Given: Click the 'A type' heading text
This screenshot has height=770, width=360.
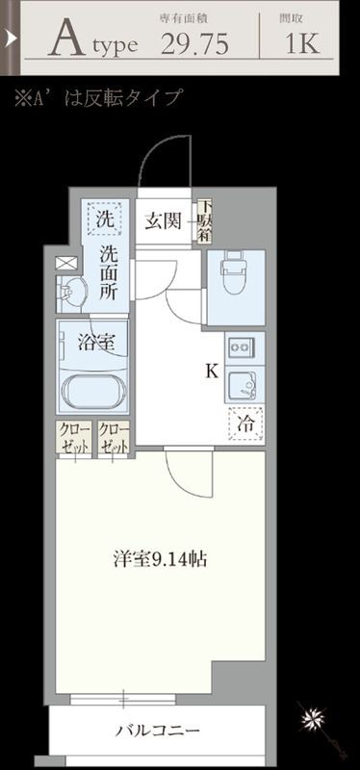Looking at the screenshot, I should [94, 42].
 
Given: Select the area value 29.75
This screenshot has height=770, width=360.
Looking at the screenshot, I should [194, 44].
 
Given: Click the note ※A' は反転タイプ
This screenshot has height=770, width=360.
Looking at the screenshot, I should [96, 98].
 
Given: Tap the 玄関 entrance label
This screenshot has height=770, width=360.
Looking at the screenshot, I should [164, 222].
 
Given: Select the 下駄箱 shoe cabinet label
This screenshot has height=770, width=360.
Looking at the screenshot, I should [204, 222].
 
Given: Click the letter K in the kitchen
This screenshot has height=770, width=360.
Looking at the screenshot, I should [209, 370].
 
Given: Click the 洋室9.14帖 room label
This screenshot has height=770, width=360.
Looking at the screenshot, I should [159, 559].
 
